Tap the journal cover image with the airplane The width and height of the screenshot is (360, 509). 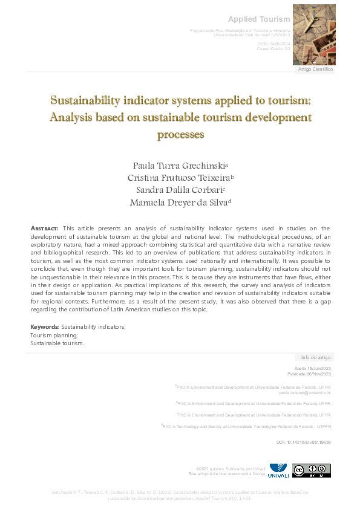pyautogui.click(x=313, y=34)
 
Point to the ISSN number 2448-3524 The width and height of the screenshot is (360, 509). pyautogui.click(x=278, y=45)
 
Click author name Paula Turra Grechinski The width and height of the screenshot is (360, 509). pyautogui.click(x=179, y=165)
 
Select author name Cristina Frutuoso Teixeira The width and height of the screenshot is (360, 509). pyautogui.click(x=179, y=178)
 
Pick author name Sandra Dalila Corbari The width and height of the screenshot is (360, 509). pyautogui.click(x=179, y=190)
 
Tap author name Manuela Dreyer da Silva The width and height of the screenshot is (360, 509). pyautogui.click(x=179, y=203)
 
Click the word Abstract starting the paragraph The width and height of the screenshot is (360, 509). pyautogui.click(x=44, y=228)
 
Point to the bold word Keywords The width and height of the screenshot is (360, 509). pyautogui.click(x=44, y=327)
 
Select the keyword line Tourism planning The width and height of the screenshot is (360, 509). pyautogui.click(x=54, y=335)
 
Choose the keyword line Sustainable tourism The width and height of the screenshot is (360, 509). pyautogui.click(x=57, y=343)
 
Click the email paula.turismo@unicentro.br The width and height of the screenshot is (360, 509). pyautogui.click(x=304, y=392)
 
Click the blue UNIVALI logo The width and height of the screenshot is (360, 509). pyautogui.click(x=279, y=470)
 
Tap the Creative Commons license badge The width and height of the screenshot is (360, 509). pyautogui.click(x=311, y=470)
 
